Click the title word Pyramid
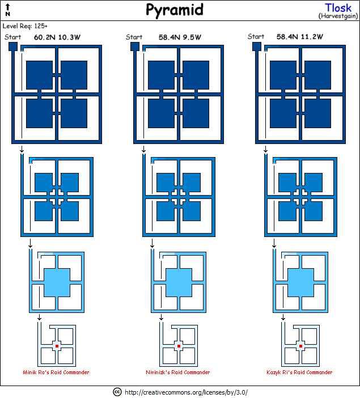[174, 10]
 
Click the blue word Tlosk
[338, 8]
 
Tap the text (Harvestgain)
[338, 16]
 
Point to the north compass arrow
[7, 9]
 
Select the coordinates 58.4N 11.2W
[300, 37]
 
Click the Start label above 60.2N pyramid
[12, 37]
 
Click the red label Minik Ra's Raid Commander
[56, 372]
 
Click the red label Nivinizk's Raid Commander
[178, 372]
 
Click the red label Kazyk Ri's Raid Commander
[299, 372]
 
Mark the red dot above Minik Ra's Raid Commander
[57, 345]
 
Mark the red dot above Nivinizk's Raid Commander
[179, 345]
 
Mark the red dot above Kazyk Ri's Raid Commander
[301, 345]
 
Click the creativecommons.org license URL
[186, 392]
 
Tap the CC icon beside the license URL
[117, 392]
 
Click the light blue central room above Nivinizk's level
[179, 281]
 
